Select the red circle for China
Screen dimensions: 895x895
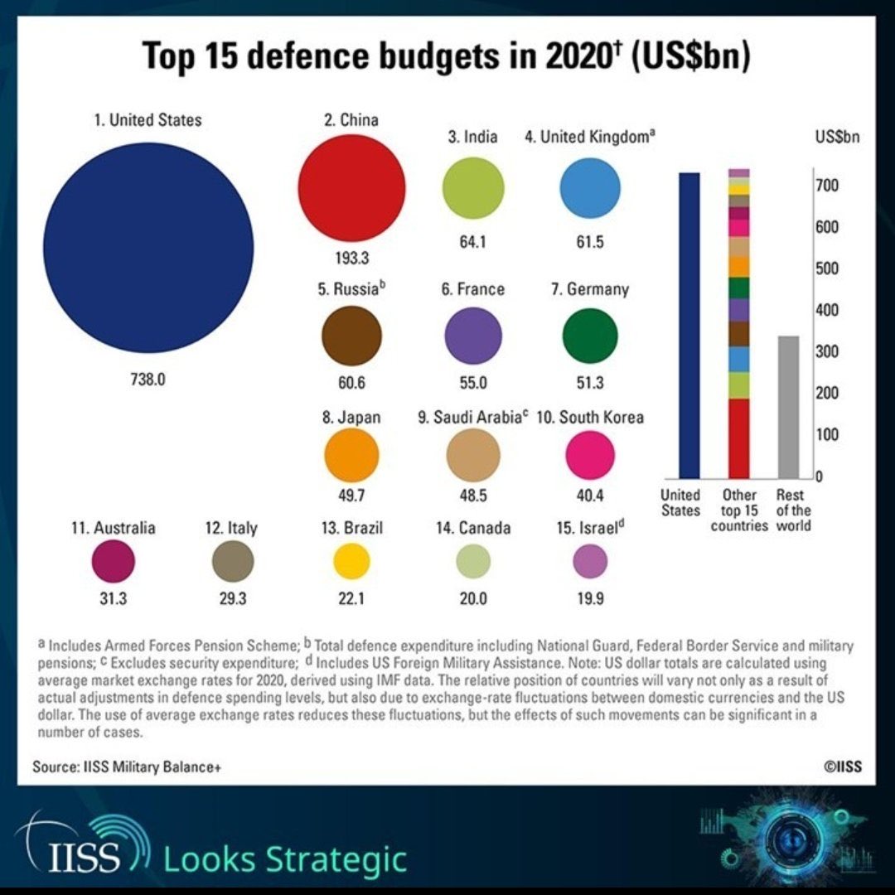click(351, 186)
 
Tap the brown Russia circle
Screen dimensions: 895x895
click(351, 336)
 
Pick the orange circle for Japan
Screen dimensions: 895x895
click(351, 455)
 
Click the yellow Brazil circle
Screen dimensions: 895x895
click(351, 562)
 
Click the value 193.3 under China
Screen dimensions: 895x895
click(351, 258)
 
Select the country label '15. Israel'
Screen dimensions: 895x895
click(590, 528)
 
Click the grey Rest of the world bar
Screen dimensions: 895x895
click(788, 406)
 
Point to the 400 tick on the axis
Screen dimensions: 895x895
click(830, 311)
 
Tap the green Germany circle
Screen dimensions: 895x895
click(590, 336)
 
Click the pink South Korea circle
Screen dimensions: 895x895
click(590, 455)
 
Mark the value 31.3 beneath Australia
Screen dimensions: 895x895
click(113, 600)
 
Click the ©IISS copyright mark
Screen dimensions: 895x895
click(842, 767)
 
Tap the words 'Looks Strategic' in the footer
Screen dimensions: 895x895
click(285, 859)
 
